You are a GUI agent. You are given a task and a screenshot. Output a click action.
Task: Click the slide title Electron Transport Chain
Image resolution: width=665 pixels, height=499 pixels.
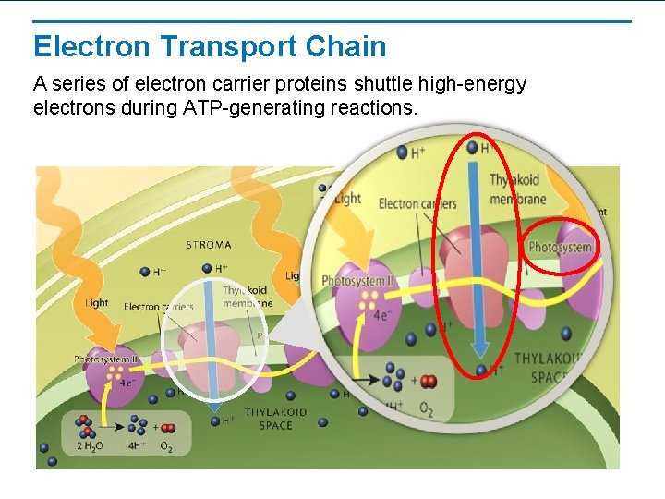(x=210, y=46)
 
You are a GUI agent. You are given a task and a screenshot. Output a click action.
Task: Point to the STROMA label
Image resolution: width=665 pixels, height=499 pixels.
(x=209, y=245)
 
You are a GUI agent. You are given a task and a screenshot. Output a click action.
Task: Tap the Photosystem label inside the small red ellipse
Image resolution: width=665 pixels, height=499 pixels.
(x=560, y=248)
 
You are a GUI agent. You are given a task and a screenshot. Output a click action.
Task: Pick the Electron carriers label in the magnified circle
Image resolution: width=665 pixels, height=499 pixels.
(x=417, y=203)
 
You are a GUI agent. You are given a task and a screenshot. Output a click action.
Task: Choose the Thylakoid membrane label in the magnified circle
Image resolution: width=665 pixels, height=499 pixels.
(x=517, y=189)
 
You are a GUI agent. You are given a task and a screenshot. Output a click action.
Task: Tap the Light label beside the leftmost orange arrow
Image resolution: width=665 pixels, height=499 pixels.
(x=97, y=302)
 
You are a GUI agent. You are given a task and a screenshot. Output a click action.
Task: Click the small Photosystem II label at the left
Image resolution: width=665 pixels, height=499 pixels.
(x=107, y=359)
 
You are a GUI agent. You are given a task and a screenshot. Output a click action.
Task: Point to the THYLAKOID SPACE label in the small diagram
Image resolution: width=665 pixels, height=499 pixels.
(x=275, y=419)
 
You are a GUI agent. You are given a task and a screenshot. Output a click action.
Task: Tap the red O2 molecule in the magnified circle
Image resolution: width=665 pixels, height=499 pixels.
(x=429, y=381)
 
